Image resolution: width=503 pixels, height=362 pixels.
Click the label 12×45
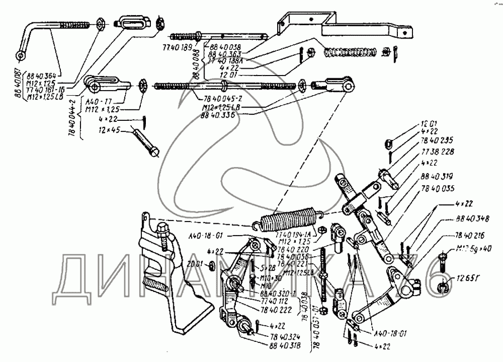tap(109, 130)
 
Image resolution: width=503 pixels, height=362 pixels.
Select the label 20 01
tap(194, 263)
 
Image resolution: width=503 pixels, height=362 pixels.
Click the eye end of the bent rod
tap(21, 54)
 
